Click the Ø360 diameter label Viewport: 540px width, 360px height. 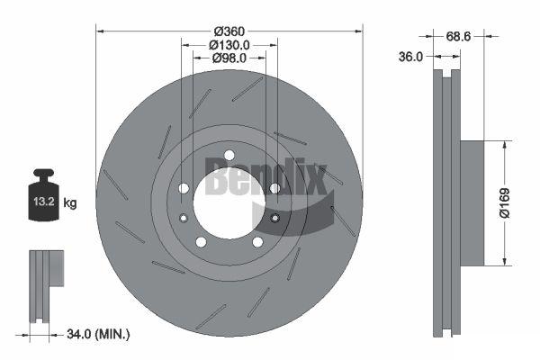click(229, 31)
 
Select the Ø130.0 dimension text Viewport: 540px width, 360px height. click(229, 45)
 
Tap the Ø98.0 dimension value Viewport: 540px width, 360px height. click(229, 58)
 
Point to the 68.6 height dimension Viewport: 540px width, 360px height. click(458, 36)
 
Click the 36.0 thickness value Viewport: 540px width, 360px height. click(410, 57)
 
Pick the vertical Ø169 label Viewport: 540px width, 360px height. click(504, 202)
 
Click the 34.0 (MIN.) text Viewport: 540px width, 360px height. click(98, 334)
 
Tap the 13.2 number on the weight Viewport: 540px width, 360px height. click(44, 202)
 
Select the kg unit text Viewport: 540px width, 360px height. click(70, 203)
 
